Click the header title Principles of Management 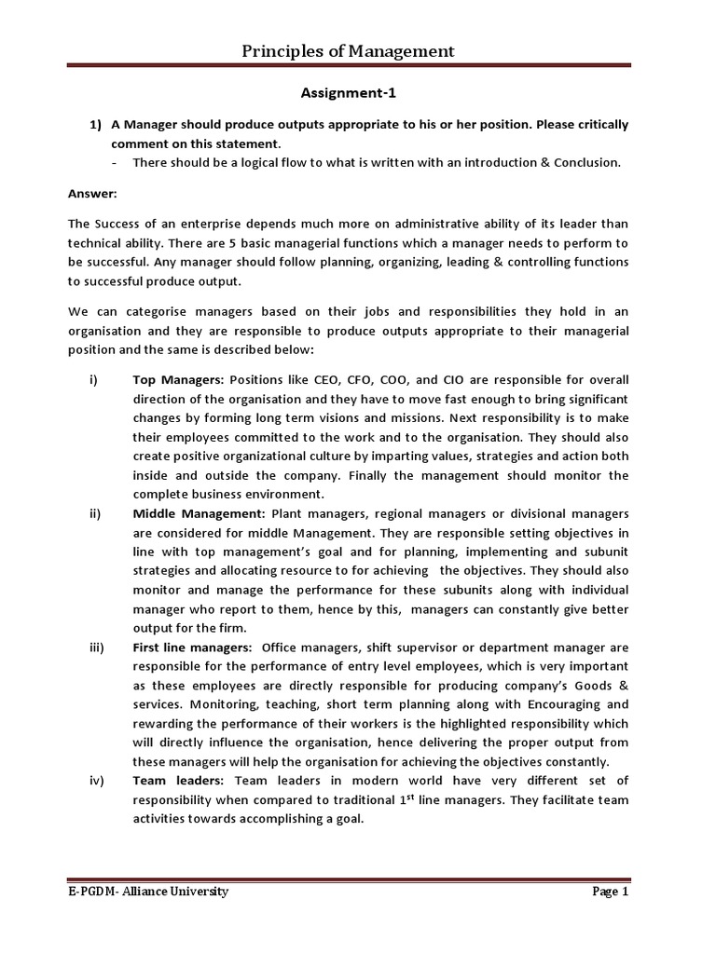[349, 51]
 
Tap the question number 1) [95, 125]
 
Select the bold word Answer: [91, 195]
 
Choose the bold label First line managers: [191, 647]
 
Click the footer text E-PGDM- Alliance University [148, 892]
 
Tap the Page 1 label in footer [611, 892]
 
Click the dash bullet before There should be [113, 162]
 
